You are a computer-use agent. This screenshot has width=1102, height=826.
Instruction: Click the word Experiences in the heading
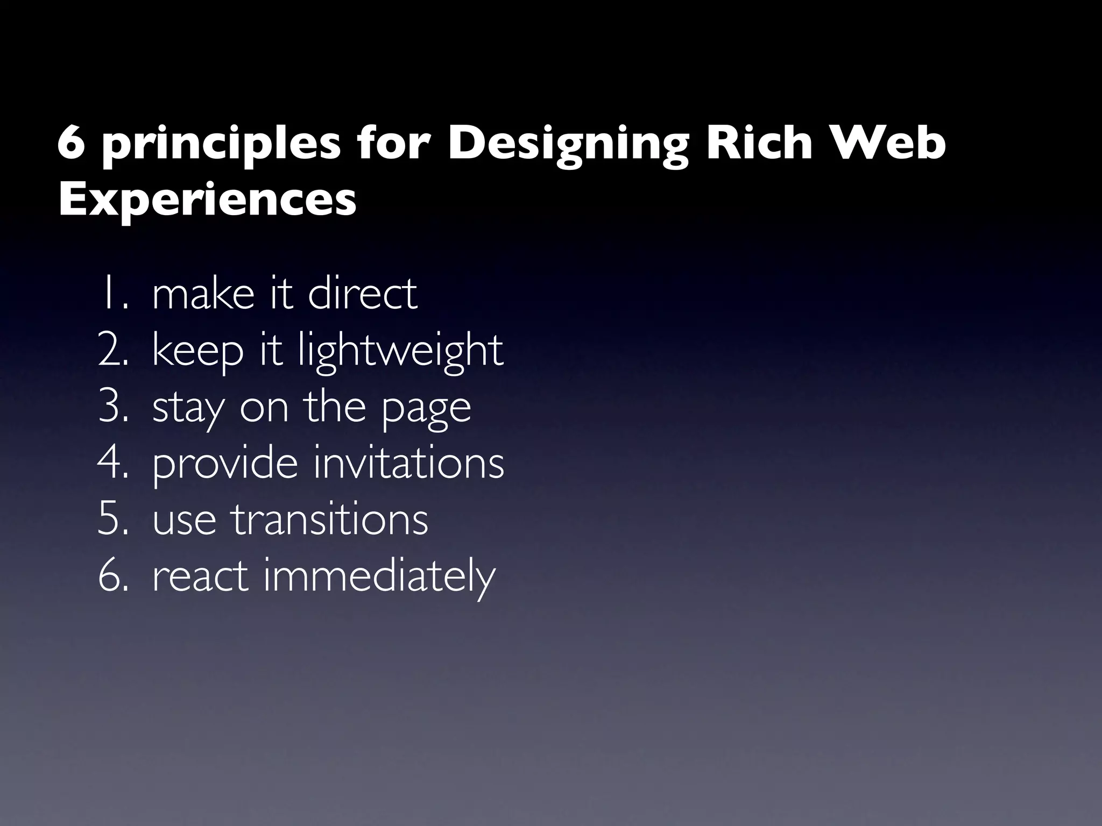(207, 200)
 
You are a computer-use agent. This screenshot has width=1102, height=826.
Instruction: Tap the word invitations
(409, 464)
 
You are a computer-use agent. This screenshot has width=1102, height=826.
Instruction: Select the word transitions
(330, 520)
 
